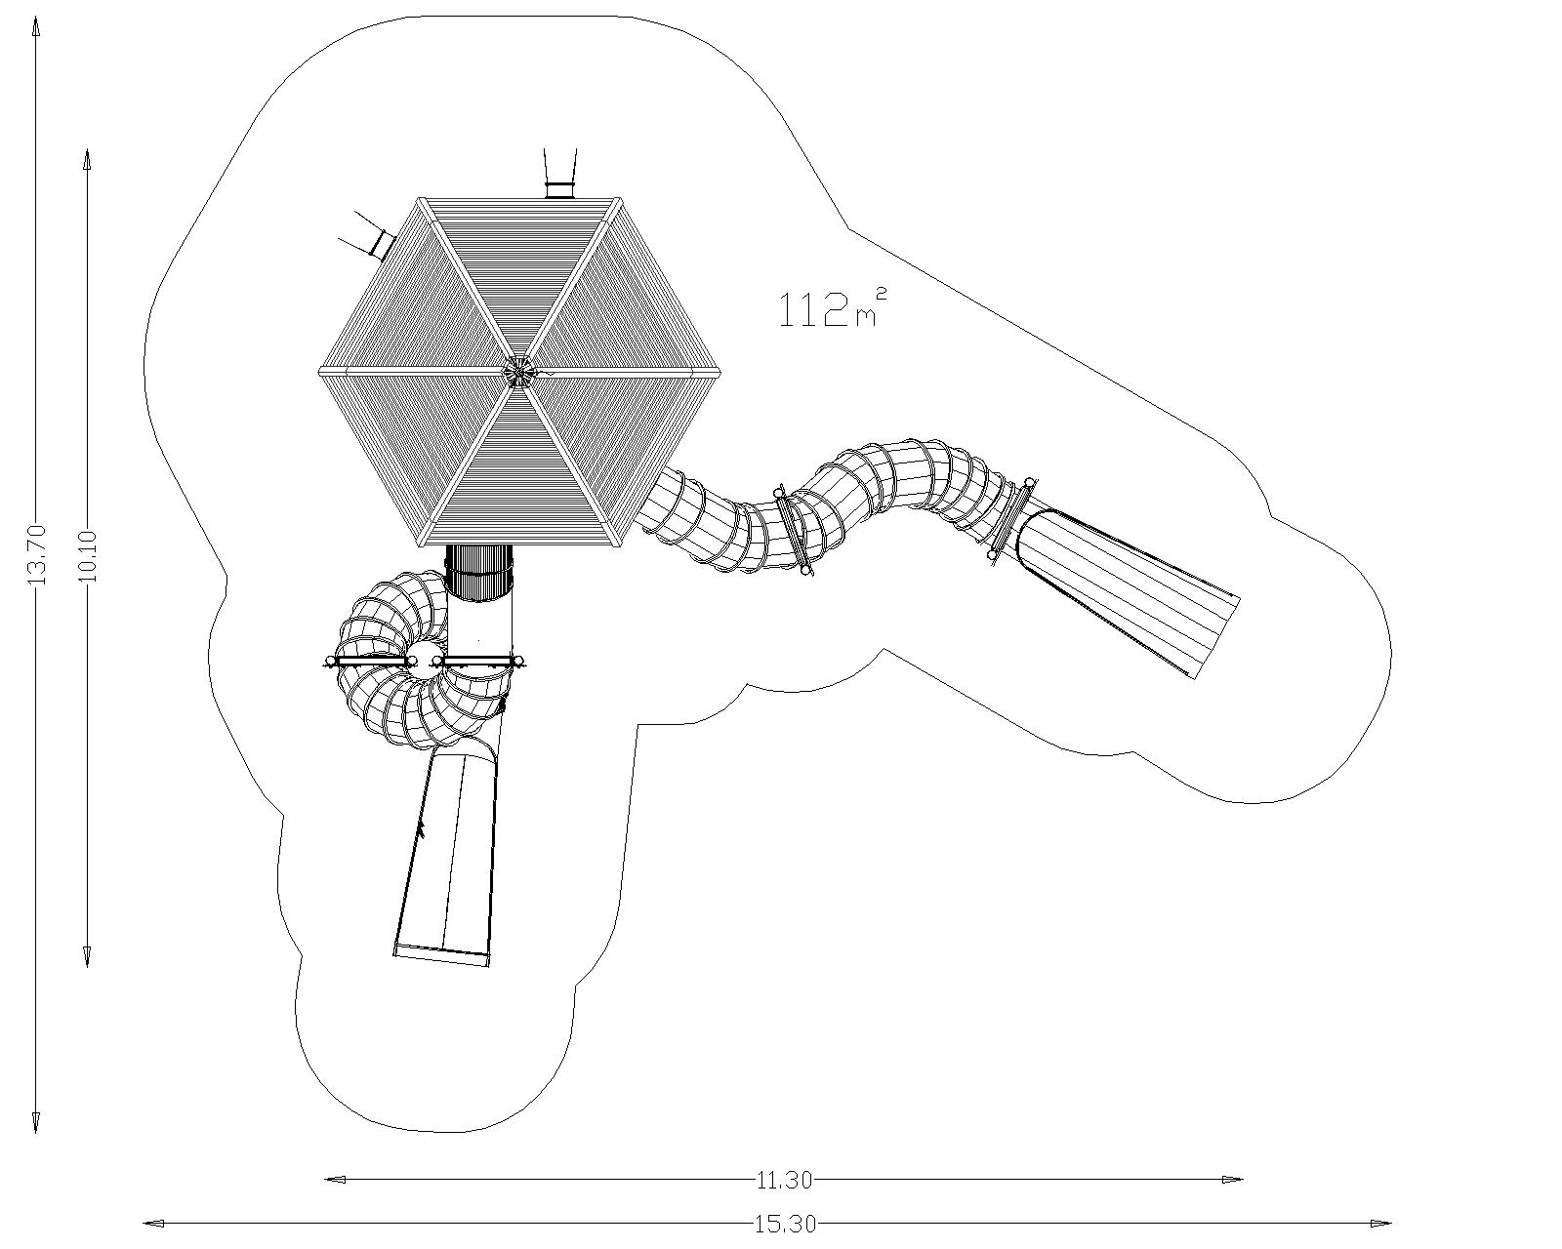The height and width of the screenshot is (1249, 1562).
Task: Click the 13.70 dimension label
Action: point(35,556)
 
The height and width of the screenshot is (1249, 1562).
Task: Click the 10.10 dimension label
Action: point(87,556)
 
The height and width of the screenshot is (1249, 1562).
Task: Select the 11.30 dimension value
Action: point(784,1181)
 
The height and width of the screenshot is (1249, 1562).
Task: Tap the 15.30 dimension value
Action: point(785,1225)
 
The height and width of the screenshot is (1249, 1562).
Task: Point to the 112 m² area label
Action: point(833,309)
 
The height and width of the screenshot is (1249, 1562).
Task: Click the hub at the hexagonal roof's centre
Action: point(518,372)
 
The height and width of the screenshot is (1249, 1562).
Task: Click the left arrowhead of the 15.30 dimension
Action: point(154,1224)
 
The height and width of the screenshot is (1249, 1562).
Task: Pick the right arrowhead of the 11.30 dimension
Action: point(1232,1180)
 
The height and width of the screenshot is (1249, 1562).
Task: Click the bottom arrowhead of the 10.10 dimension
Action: point(87,957)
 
